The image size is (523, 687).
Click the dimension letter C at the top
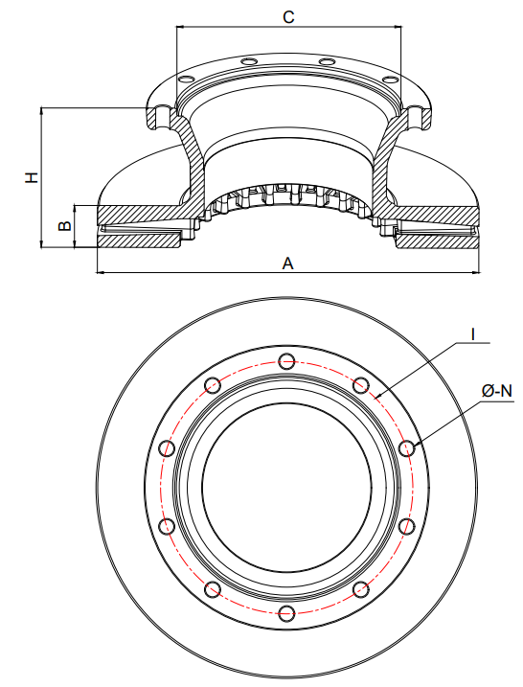[288, 16]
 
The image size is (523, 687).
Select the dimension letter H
[32, 177]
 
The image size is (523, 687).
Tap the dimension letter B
[64, 227]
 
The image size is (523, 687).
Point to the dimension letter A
[287, 263]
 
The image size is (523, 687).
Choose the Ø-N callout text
[497, 390]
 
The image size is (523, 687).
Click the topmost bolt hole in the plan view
[286, 361]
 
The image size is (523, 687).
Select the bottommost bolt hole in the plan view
[286, 611]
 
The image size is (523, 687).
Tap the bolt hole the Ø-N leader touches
[406, 447]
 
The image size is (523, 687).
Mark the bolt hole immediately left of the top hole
[213, 385]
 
